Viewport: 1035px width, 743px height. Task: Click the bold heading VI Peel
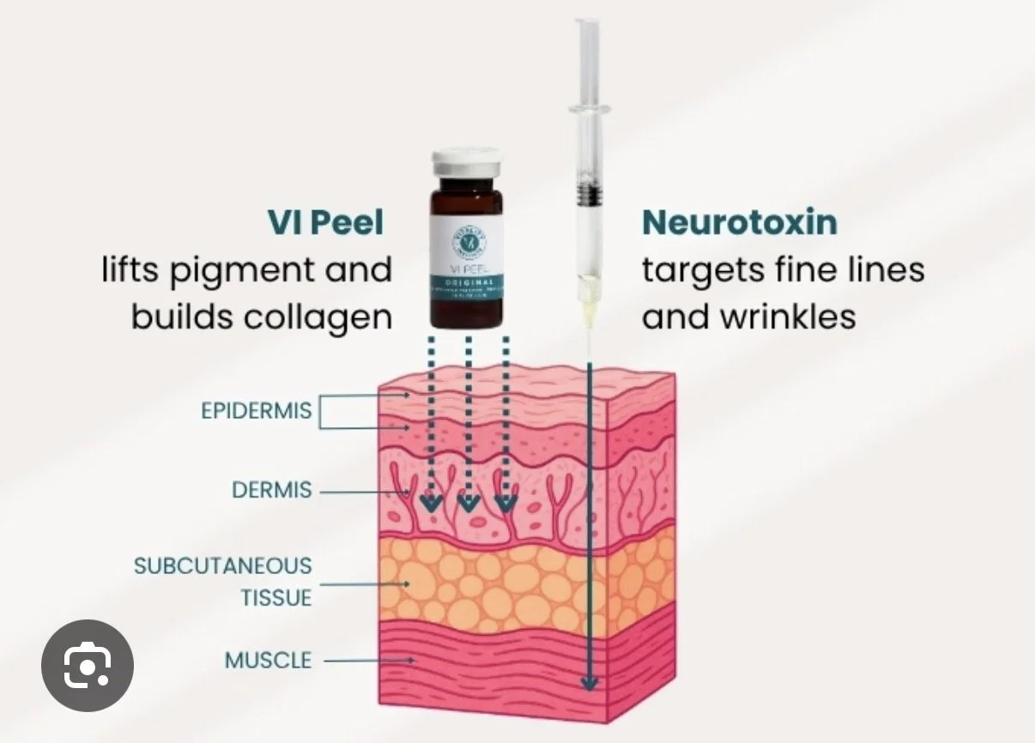pyautogui.click(x=324, y=222)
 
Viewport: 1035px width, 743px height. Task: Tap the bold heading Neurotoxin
pyautogui.click(x=739, y=222)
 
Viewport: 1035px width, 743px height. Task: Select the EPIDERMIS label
pyautogui.click(x=257, y=410)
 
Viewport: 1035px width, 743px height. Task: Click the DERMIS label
pyautogui.click(x=272, y=492)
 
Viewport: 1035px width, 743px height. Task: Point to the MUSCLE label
pyautogui.click(x=268, y=661)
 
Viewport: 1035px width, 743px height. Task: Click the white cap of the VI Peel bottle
pyautogui.click(x=467, y=160)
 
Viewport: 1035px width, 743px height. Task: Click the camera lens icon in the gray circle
pyautogui.click(x=88, y=664)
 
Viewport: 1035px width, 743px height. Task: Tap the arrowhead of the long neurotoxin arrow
pyautogui.click(x=589, y=683)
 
